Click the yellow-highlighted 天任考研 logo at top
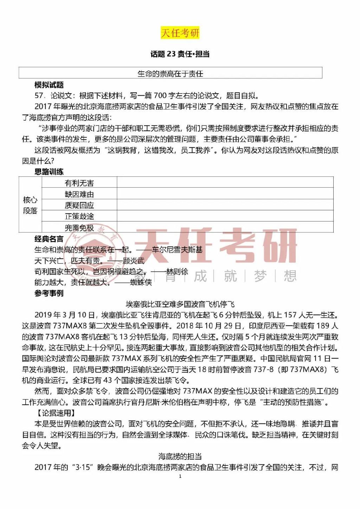[180, 33]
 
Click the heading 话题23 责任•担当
[180, 54]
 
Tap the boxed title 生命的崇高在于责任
[170, 73]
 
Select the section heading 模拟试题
[49, 85]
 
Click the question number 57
[39, 96]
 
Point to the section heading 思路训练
[49, 172]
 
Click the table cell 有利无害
[79, 183]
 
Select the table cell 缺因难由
[79, 194]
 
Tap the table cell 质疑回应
[79, 205]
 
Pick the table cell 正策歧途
[79, 216]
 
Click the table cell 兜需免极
[79, 227]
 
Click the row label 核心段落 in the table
[30, 205]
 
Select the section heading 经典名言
[49, 239]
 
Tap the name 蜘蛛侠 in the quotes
[141, 282]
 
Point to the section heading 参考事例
[49, 293]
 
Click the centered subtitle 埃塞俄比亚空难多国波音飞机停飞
[180, 304]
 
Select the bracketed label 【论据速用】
[56, 413]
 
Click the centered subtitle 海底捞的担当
[180, 456]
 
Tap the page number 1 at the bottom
[180, 476]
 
